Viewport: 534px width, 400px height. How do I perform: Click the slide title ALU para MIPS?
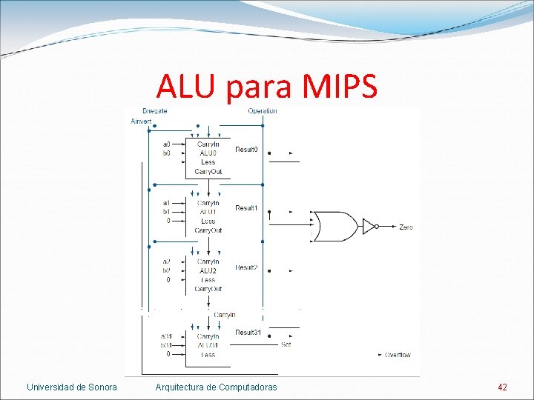pyautogui.click(x=266, y=87)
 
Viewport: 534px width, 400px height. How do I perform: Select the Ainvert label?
pyautogui.click(x=141, y=121)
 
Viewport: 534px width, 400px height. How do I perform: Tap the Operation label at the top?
pyautogui.click(x=263, y=111)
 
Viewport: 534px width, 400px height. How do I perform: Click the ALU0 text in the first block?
pyautogui.click(x=208, y=153)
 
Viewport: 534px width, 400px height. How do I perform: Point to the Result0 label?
pyautogui.click(x=246, y=150)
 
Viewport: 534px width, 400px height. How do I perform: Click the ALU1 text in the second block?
pyautogui.click(x=208, y=212)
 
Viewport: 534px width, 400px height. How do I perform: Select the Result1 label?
pyautogui.click(x=246, y=208)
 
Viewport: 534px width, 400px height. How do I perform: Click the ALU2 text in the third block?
pyautogui.click(x=208, y=271)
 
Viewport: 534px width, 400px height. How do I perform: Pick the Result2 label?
pyautogui.click(x=246, y=267)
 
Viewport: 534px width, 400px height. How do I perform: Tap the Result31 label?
pyautogui.click(x=248, y=333)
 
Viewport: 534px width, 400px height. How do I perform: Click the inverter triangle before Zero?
pyautogui.click(x=369, y=227)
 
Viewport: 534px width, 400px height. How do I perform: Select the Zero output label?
pyautogui.click(x=406, y=227)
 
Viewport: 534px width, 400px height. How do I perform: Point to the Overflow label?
pyautogui.click(x=398, y=355)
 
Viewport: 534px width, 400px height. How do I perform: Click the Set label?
pyautogui.click(x=286, y=344)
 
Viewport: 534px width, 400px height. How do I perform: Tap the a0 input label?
pyautogui.click(x=167, y=144)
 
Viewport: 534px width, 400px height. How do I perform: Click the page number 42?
pyautogui.click(x=503, y=387)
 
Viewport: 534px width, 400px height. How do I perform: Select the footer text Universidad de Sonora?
pyautogui.click(x=72, y=387)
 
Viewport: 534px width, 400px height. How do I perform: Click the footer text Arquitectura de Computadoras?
pyautogui.click(x=216, y=387)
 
